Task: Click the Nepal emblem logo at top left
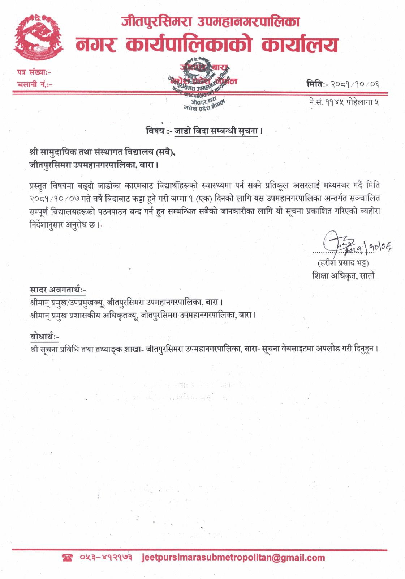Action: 38,38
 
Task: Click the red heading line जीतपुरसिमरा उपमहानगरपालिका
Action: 211,22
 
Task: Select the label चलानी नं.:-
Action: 34,85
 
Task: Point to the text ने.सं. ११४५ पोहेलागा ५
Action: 344,102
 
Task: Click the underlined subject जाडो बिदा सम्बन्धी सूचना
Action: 216,131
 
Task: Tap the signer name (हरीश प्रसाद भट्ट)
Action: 343,262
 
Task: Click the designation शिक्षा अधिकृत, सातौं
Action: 344,276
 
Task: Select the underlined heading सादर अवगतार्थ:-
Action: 58,289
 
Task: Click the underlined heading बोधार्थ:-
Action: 44,337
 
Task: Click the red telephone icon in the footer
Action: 68,558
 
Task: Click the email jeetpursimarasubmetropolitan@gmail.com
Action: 233,558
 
